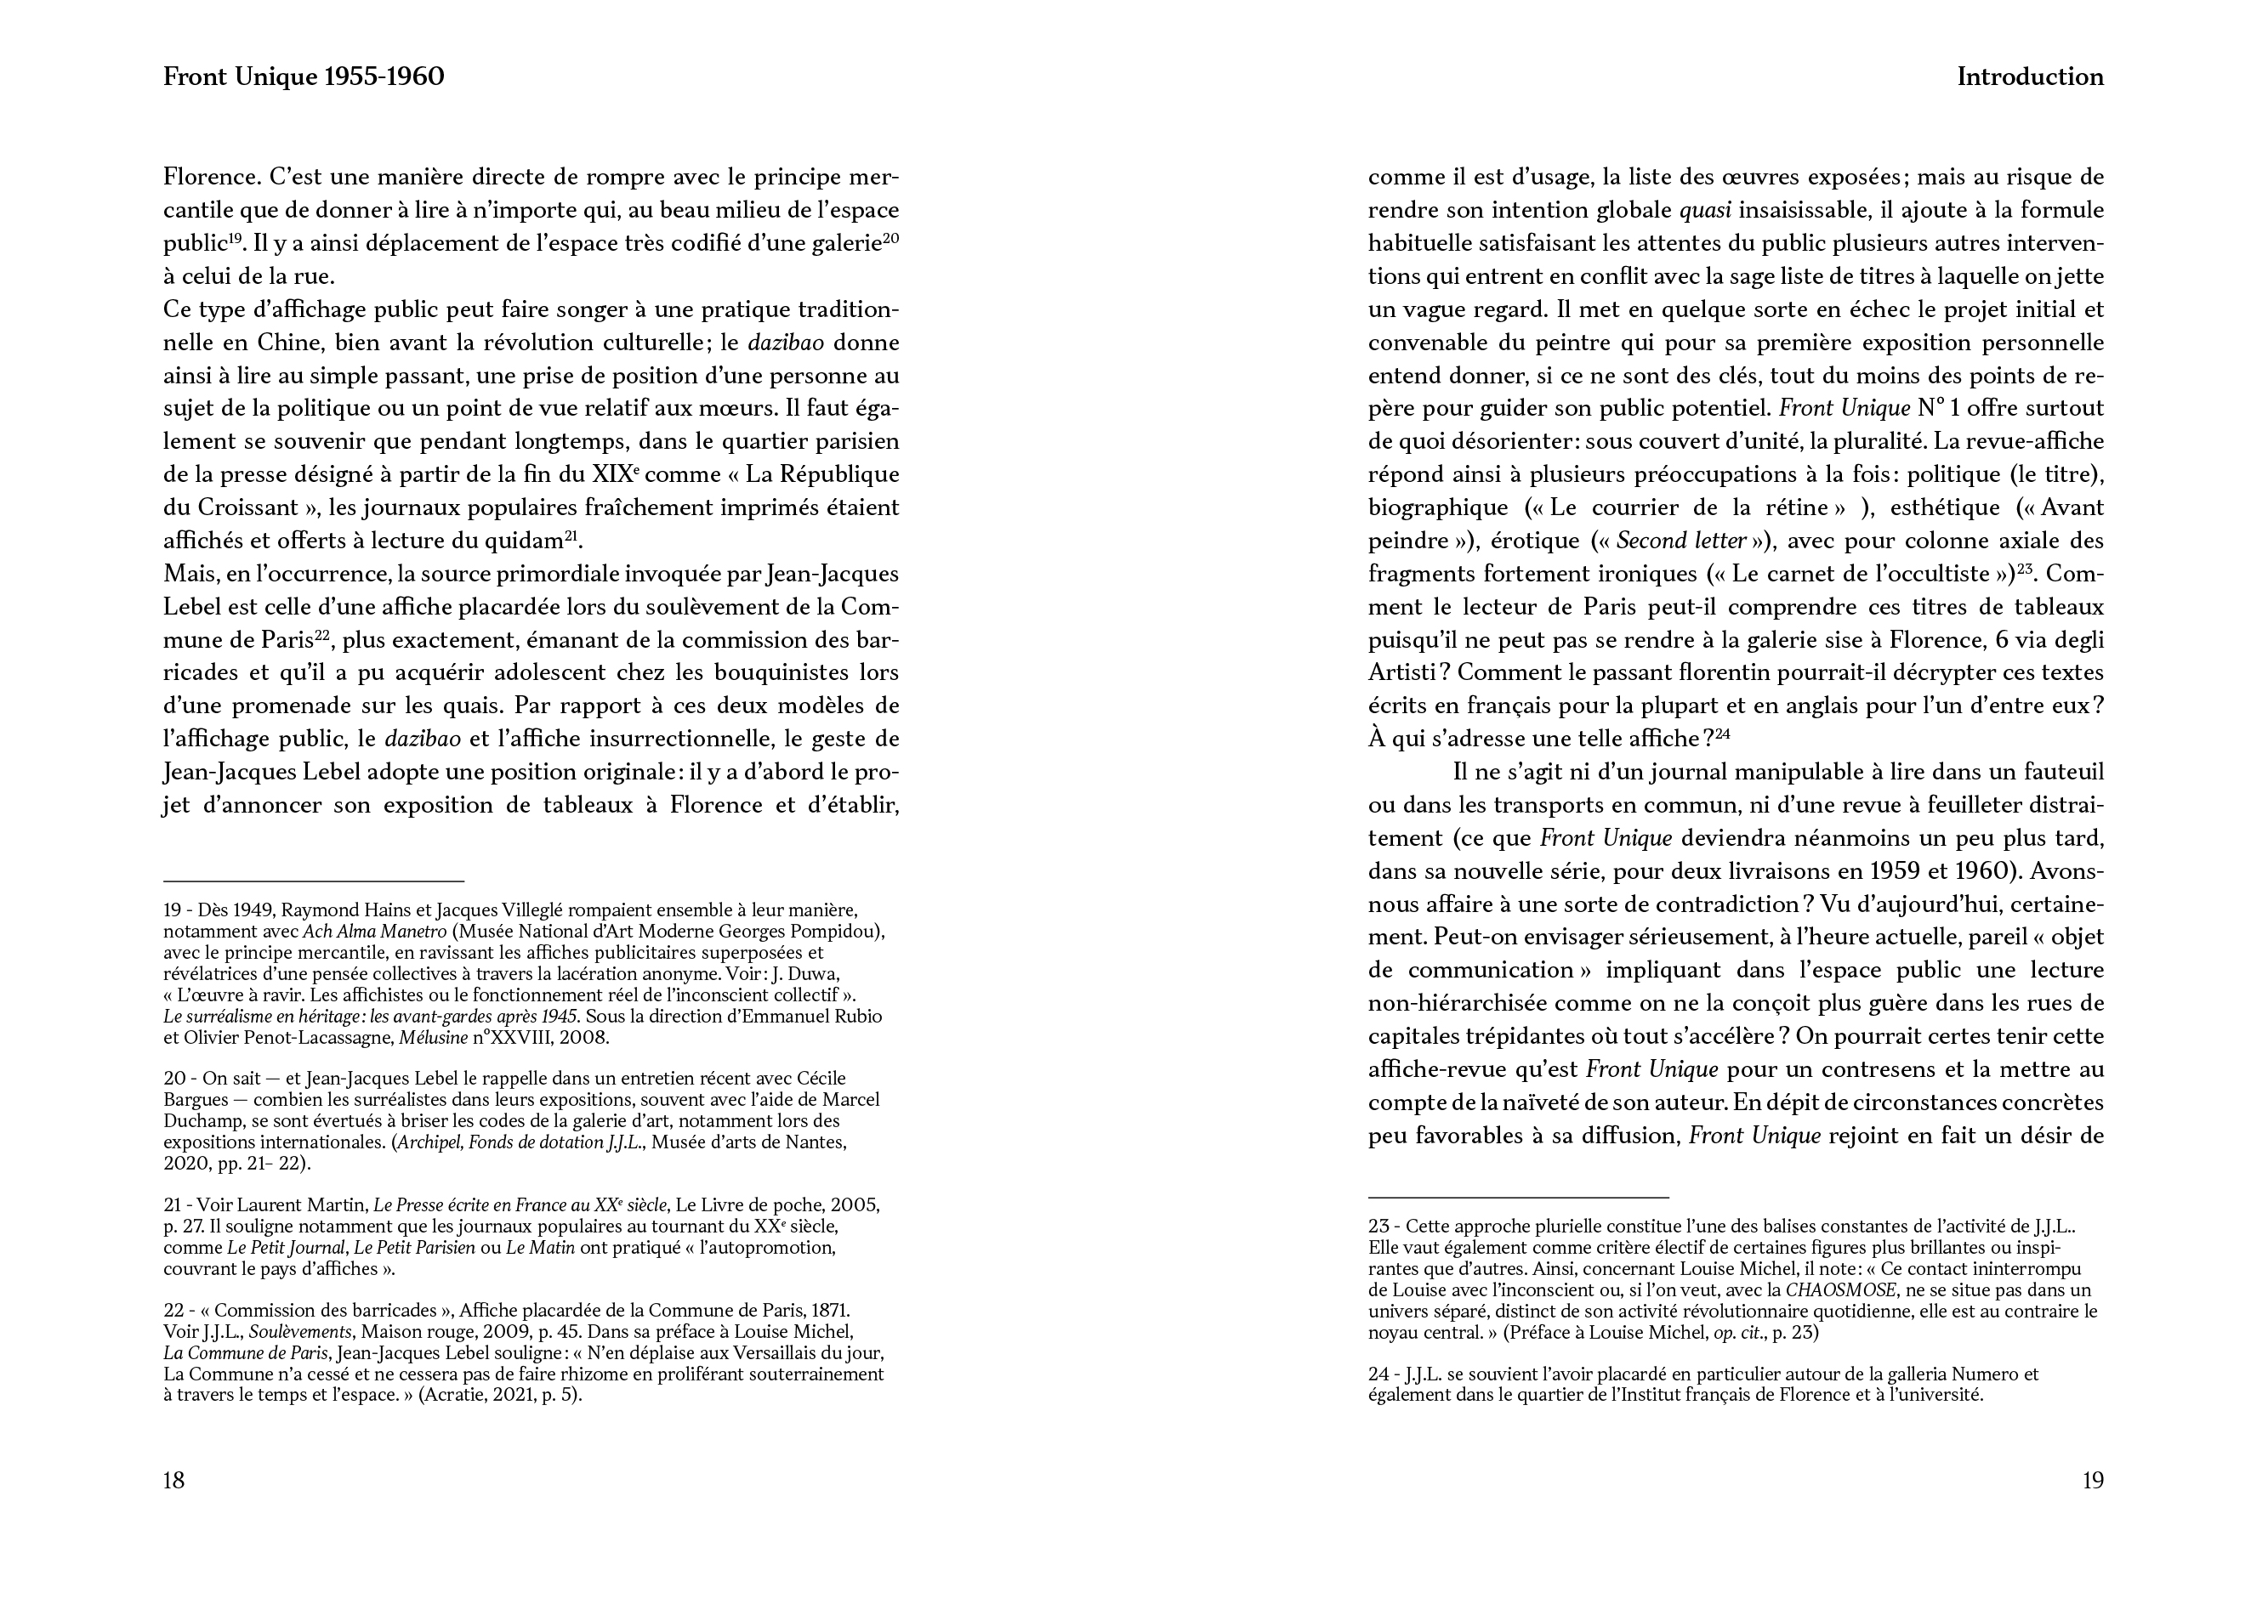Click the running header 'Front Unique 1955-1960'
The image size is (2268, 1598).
click(304, 77)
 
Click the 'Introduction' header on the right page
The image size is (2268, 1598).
click(2030, 77)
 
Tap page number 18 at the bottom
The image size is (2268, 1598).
click(173, 1480)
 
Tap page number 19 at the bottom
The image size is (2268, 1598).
click(2092, 1480)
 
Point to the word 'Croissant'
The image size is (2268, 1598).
click(246, 507)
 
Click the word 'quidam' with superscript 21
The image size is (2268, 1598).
click(524, 541)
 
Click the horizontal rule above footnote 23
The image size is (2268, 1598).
click(1518, 1197)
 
